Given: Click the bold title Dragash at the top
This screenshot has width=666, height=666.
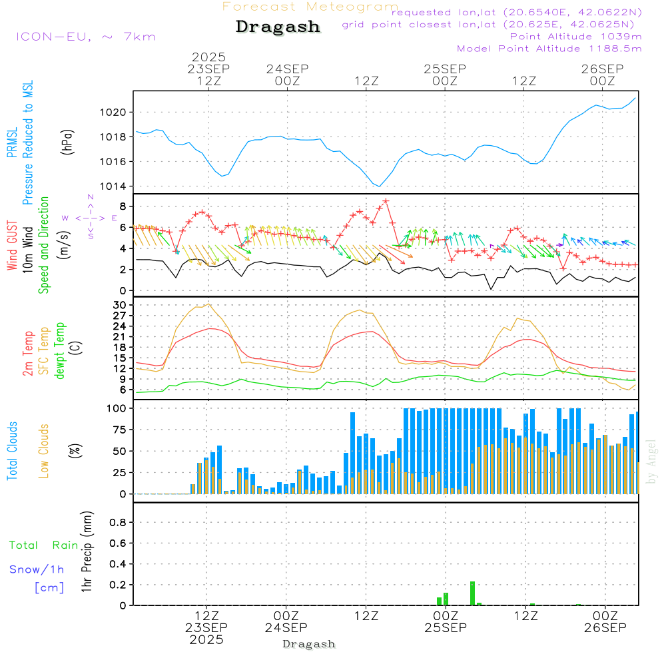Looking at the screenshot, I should pos(278,27).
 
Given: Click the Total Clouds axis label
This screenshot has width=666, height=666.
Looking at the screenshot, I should pos(12,451).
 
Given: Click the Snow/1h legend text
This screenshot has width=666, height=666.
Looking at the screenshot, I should pos(37,569).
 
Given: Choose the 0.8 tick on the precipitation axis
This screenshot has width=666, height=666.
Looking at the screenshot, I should pos(118,523).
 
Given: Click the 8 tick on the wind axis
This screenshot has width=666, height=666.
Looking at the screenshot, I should pos(123,206).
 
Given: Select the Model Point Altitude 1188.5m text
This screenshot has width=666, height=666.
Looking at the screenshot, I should pos(549,49).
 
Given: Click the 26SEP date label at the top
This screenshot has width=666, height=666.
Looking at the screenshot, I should pos(602,69).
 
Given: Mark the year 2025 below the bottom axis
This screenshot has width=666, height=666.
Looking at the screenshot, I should pos(206,640).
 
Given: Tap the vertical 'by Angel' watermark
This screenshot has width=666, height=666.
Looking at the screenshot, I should pos(651,462).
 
